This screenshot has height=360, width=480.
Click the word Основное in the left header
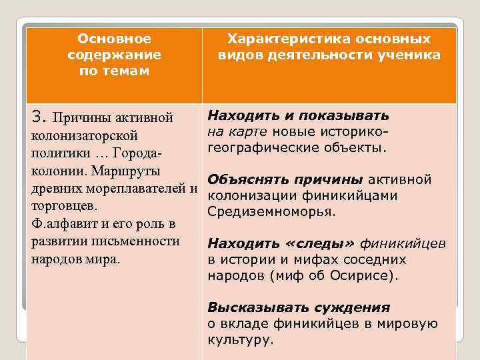click(115, 39)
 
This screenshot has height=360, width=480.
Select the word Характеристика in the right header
click(278, 39)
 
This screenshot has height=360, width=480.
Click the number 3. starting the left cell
click(39, 118)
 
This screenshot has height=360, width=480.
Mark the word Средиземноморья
click(270, 211)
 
